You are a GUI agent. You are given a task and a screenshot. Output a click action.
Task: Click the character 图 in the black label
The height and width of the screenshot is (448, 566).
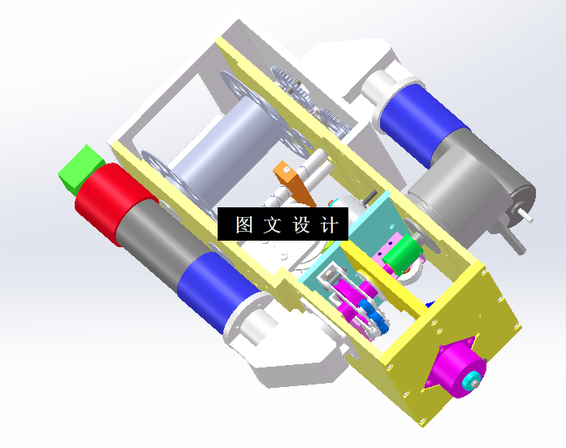point(244,225)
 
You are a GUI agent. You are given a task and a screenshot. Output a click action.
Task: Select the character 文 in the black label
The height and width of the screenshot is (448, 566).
point(272,225)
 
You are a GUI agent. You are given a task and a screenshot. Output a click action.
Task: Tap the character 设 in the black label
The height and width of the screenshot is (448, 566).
point(300,225)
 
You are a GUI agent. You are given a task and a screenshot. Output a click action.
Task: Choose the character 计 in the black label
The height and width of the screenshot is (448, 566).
point(329,225)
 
